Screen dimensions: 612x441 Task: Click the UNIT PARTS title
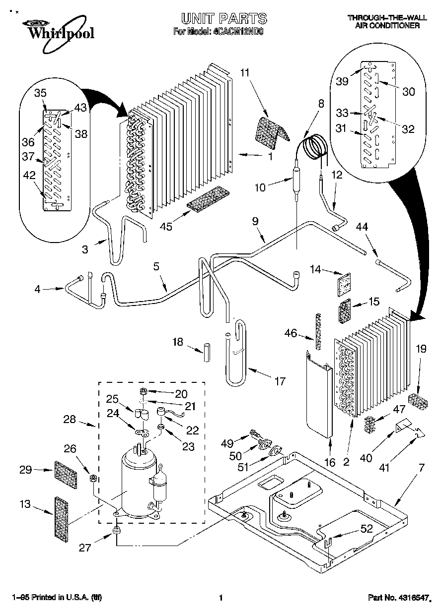223,19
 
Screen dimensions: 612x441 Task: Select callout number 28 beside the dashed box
70,420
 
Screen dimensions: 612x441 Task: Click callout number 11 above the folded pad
244,73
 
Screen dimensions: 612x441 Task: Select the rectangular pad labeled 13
60,517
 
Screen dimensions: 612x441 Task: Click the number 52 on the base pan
367,529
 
